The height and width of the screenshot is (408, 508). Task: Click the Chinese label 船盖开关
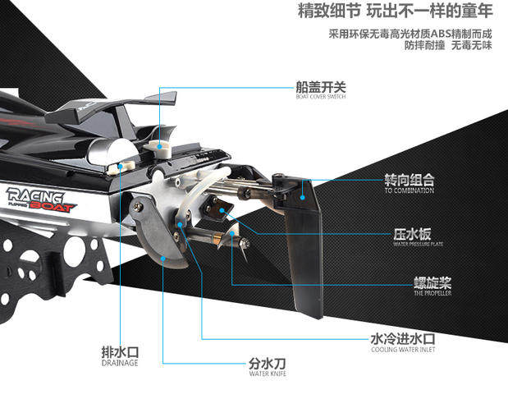pyautogui.click(x=321, y=86)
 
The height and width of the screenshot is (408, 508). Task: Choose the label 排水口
pyautogui.click(x=120, y=352)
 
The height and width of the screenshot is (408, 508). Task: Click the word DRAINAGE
pyautogui.click(x=120, y=363)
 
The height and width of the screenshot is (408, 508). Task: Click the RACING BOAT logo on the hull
pyautogui.click(x=40, y=199)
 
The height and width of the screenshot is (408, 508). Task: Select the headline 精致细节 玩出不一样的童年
pyautogui.click(x=395, y=13)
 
